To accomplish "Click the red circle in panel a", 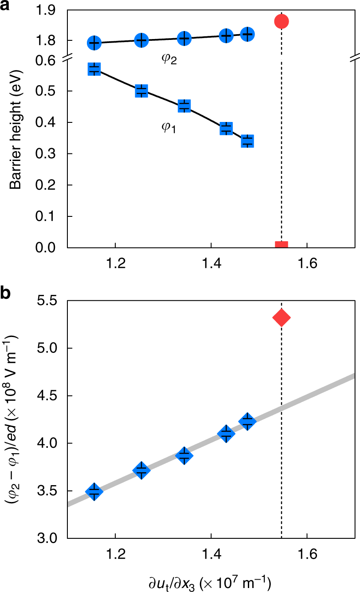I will pos(282,21).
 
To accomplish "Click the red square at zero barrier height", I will pos(282,245).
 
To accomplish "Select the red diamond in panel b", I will pos(282,318).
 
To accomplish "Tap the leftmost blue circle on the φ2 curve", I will pos(94,43).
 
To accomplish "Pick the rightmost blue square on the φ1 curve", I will pos(247,141).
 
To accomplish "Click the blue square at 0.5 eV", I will pos(141,91).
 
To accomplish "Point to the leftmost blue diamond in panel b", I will pos(94,491).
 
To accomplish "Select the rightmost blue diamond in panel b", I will pos(247,421).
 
